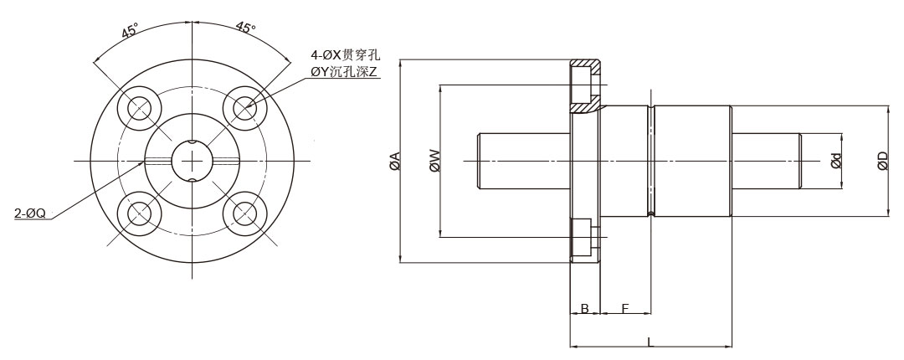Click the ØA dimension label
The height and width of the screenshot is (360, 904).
[395, 162]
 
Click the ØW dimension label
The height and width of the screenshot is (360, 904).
[434, 161]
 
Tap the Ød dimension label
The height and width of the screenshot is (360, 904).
[836, 161]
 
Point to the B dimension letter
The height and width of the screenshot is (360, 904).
[584, 309]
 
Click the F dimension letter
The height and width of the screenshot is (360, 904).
[625, 309]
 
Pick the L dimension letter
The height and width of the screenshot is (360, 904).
[650, 342]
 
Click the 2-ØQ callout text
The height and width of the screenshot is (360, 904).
[30, 213]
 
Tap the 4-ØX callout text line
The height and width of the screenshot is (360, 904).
[346, 56]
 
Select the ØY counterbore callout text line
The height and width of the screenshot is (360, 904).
[346, 72]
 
